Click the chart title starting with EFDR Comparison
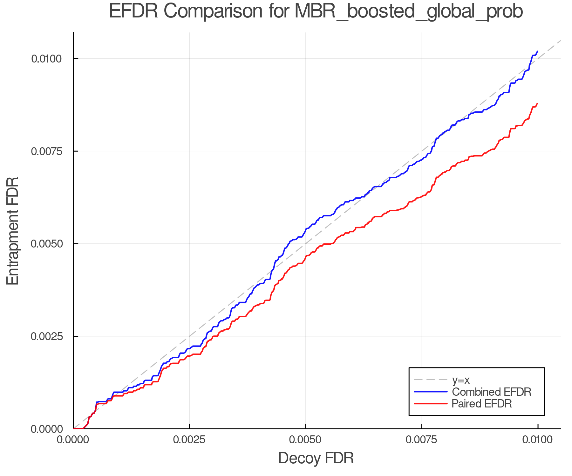(316, 11)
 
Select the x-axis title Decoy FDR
(316, 458)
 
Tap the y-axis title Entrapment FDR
(13, 231)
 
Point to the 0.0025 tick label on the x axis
(189, 440)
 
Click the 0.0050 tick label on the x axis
(305, 440)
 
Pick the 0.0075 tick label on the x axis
(422, 440)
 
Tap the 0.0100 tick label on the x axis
(538, 440)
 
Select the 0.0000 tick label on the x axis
(73, 440)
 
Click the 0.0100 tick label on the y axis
(46, 59)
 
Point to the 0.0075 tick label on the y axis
(46, 151)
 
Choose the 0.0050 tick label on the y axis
(46, 244)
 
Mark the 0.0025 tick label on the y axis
(46, 336)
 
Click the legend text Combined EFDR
(491, 392)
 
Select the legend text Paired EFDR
(482, 404)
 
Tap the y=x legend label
(461, 380)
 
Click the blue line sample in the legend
(431, 392)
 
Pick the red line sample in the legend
(431, 404)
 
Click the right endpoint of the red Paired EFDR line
(537, 104)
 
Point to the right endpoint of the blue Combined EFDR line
(537, 51)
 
